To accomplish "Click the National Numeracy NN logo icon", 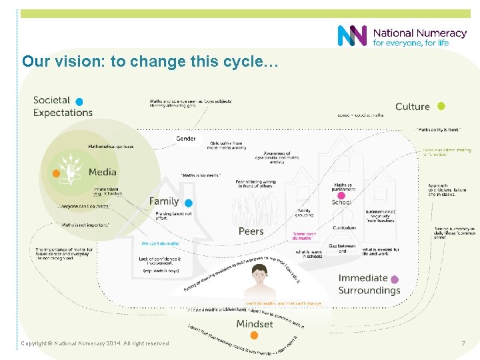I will pyautogui.click(x=352, y=36).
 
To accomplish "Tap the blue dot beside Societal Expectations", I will pyautogui.click(x=79, y=101).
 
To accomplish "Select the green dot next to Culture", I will pyautogui.click(x=441, y=106).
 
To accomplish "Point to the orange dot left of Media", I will pyautogui.click(x=57, y=173).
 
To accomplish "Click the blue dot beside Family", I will pyautogui.click(x=189, y=203).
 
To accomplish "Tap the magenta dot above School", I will pyautogui.click(x=341, y=196).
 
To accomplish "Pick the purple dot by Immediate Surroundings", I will pyautogui.click(x=395, y=279).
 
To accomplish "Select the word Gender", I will pyautogui.click(x=186, y=139).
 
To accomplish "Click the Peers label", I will pyautogui.click(x=251, y=231).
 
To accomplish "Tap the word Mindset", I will pyautogui.click(x=255, y=324).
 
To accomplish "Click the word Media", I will pyautogui.click(x=103, y=172).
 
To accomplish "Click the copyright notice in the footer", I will pyautogui.click(x=95, y=343).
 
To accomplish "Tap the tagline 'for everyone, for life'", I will pyautogui.click(x=411, y=43).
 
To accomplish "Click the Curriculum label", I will pyautogui.click(x=345, y=228).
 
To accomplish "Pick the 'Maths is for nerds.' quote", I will pyautogui.click(x=201, y=175).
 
